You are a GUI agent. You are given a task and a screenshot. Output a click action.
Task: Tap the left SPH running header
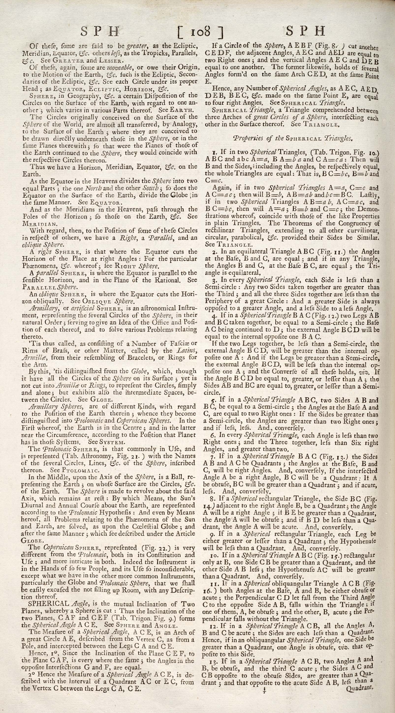[100, 31]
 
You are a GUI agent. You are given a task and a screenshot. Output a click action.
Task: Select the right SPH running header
[305, 31]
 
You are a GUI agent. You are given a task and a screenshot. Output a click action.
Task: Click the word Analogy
[184, 124]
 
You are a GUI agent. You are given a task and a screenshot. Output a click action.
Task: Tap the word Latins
[188, 350]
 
